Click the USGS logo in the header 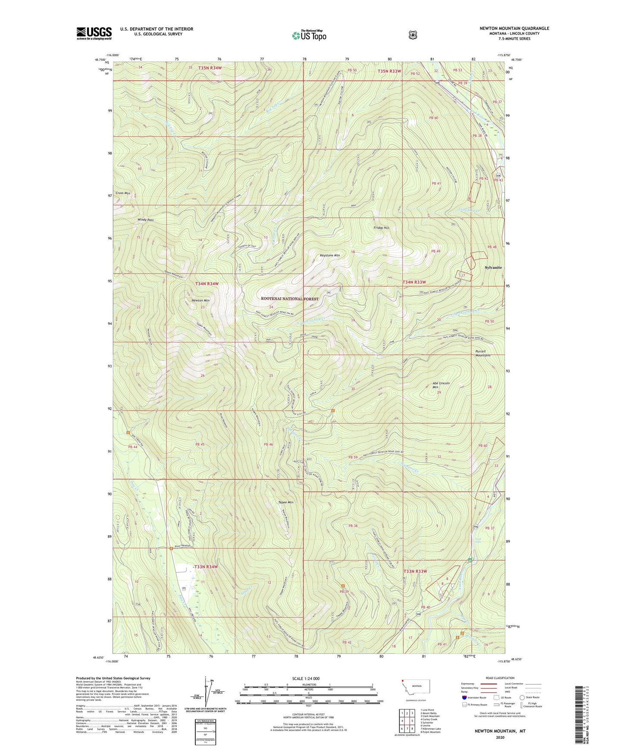point(94,33)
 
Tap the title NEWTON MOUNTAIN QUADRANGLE point(514,28)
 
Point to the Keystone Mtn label point(330,255)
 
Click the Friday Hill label point(381,228)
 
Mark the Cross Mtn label point(123,193)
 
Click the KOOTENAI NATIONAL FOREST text point(290,299)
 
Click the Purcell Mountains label point(482,353)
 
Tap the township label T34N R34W point(207,284)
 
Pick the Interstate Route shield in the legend point(464,697)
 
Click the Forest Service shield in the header point(413,35)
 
